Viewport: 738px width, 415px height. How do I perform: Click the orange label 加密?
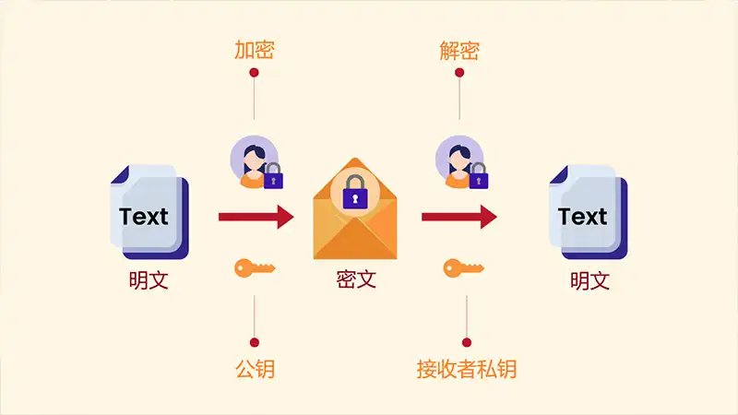[x=255, y=50]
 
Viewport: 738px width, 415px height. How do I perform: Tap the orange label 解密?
[x=459, y=51]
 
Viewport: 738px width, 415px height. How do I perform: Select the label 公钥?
[x=255, y=369]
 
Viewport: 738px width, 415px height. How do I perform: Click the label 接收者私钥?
[x=467, y=369]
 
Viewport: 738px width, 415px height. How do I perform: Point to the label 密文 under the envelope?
[x=356, y=279]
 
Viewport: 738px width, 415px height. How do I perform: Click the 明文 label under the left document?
[x=149, y=280]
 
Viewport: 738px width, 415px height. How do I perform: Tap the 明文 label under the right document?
[x=589, y=281]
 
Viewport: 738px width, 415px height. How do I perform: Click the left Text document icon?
[x=149, y=212]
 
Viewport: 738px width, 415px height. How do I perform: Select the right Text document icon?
[x=589, y=212]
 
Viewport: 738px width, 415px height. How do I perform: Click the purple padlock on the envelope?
[x=355, y=192]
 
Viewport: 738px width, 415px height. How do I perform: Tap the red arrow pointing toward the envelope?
[x=256, y=217]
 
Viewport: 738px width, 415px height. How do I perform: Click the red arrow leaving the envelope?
[x=459, y=217]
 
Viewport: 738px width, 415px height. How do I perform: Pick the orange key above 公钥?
[x=255, y=268]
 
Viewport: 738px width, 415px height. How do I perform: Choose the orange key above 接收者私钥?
[x=464, y=268]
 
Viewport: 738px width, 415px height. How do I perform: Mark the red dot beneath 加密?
[x=255, y=73]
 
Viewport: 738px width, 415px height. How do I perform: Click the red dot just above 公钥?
[x=255, y=342]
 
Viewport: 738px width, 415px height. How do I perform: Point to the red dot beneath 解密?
[x=459, y=73]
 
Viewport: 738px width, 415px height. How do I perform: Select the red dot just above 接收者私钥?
[x=467, y=342]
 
